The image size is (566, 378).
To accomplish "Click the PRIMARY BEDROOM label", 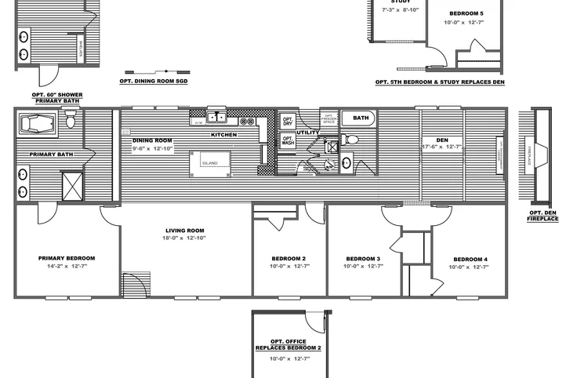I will (x=67, y=258).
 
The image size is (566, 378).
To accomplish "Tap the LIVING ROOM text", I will (x=185, y=231).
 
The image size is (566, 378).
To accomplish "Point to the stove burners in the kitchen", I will (x=247, y=122).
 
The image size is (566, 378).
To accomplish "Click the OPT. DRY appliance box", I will (x=288, y=122).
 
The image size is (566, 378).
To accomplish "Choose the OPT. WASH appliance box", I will (x=288, y=141).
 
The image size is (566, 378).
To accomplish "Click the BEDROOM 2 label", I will (x=288, y=258).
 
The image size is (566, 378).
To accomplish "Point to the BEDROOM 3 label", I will (x=362, y=258).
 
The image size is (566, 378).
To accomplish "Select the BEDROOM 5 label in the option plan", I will (x=466, y=14).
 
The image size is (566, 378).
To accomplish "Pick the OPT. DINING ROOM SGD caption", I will (x=154, y=81).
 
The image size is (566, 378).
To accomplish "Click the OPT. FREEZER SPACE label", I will (x=329, y=119).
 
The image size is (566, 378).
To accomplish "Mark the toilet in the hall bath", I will (x=352, y=140).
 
